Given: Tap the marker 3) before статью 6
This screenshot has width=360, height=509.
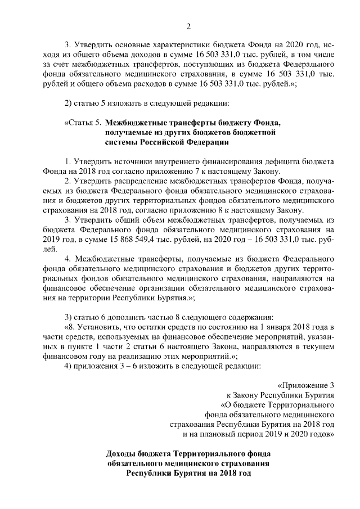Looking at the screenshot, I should click(x=69, y=317).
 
